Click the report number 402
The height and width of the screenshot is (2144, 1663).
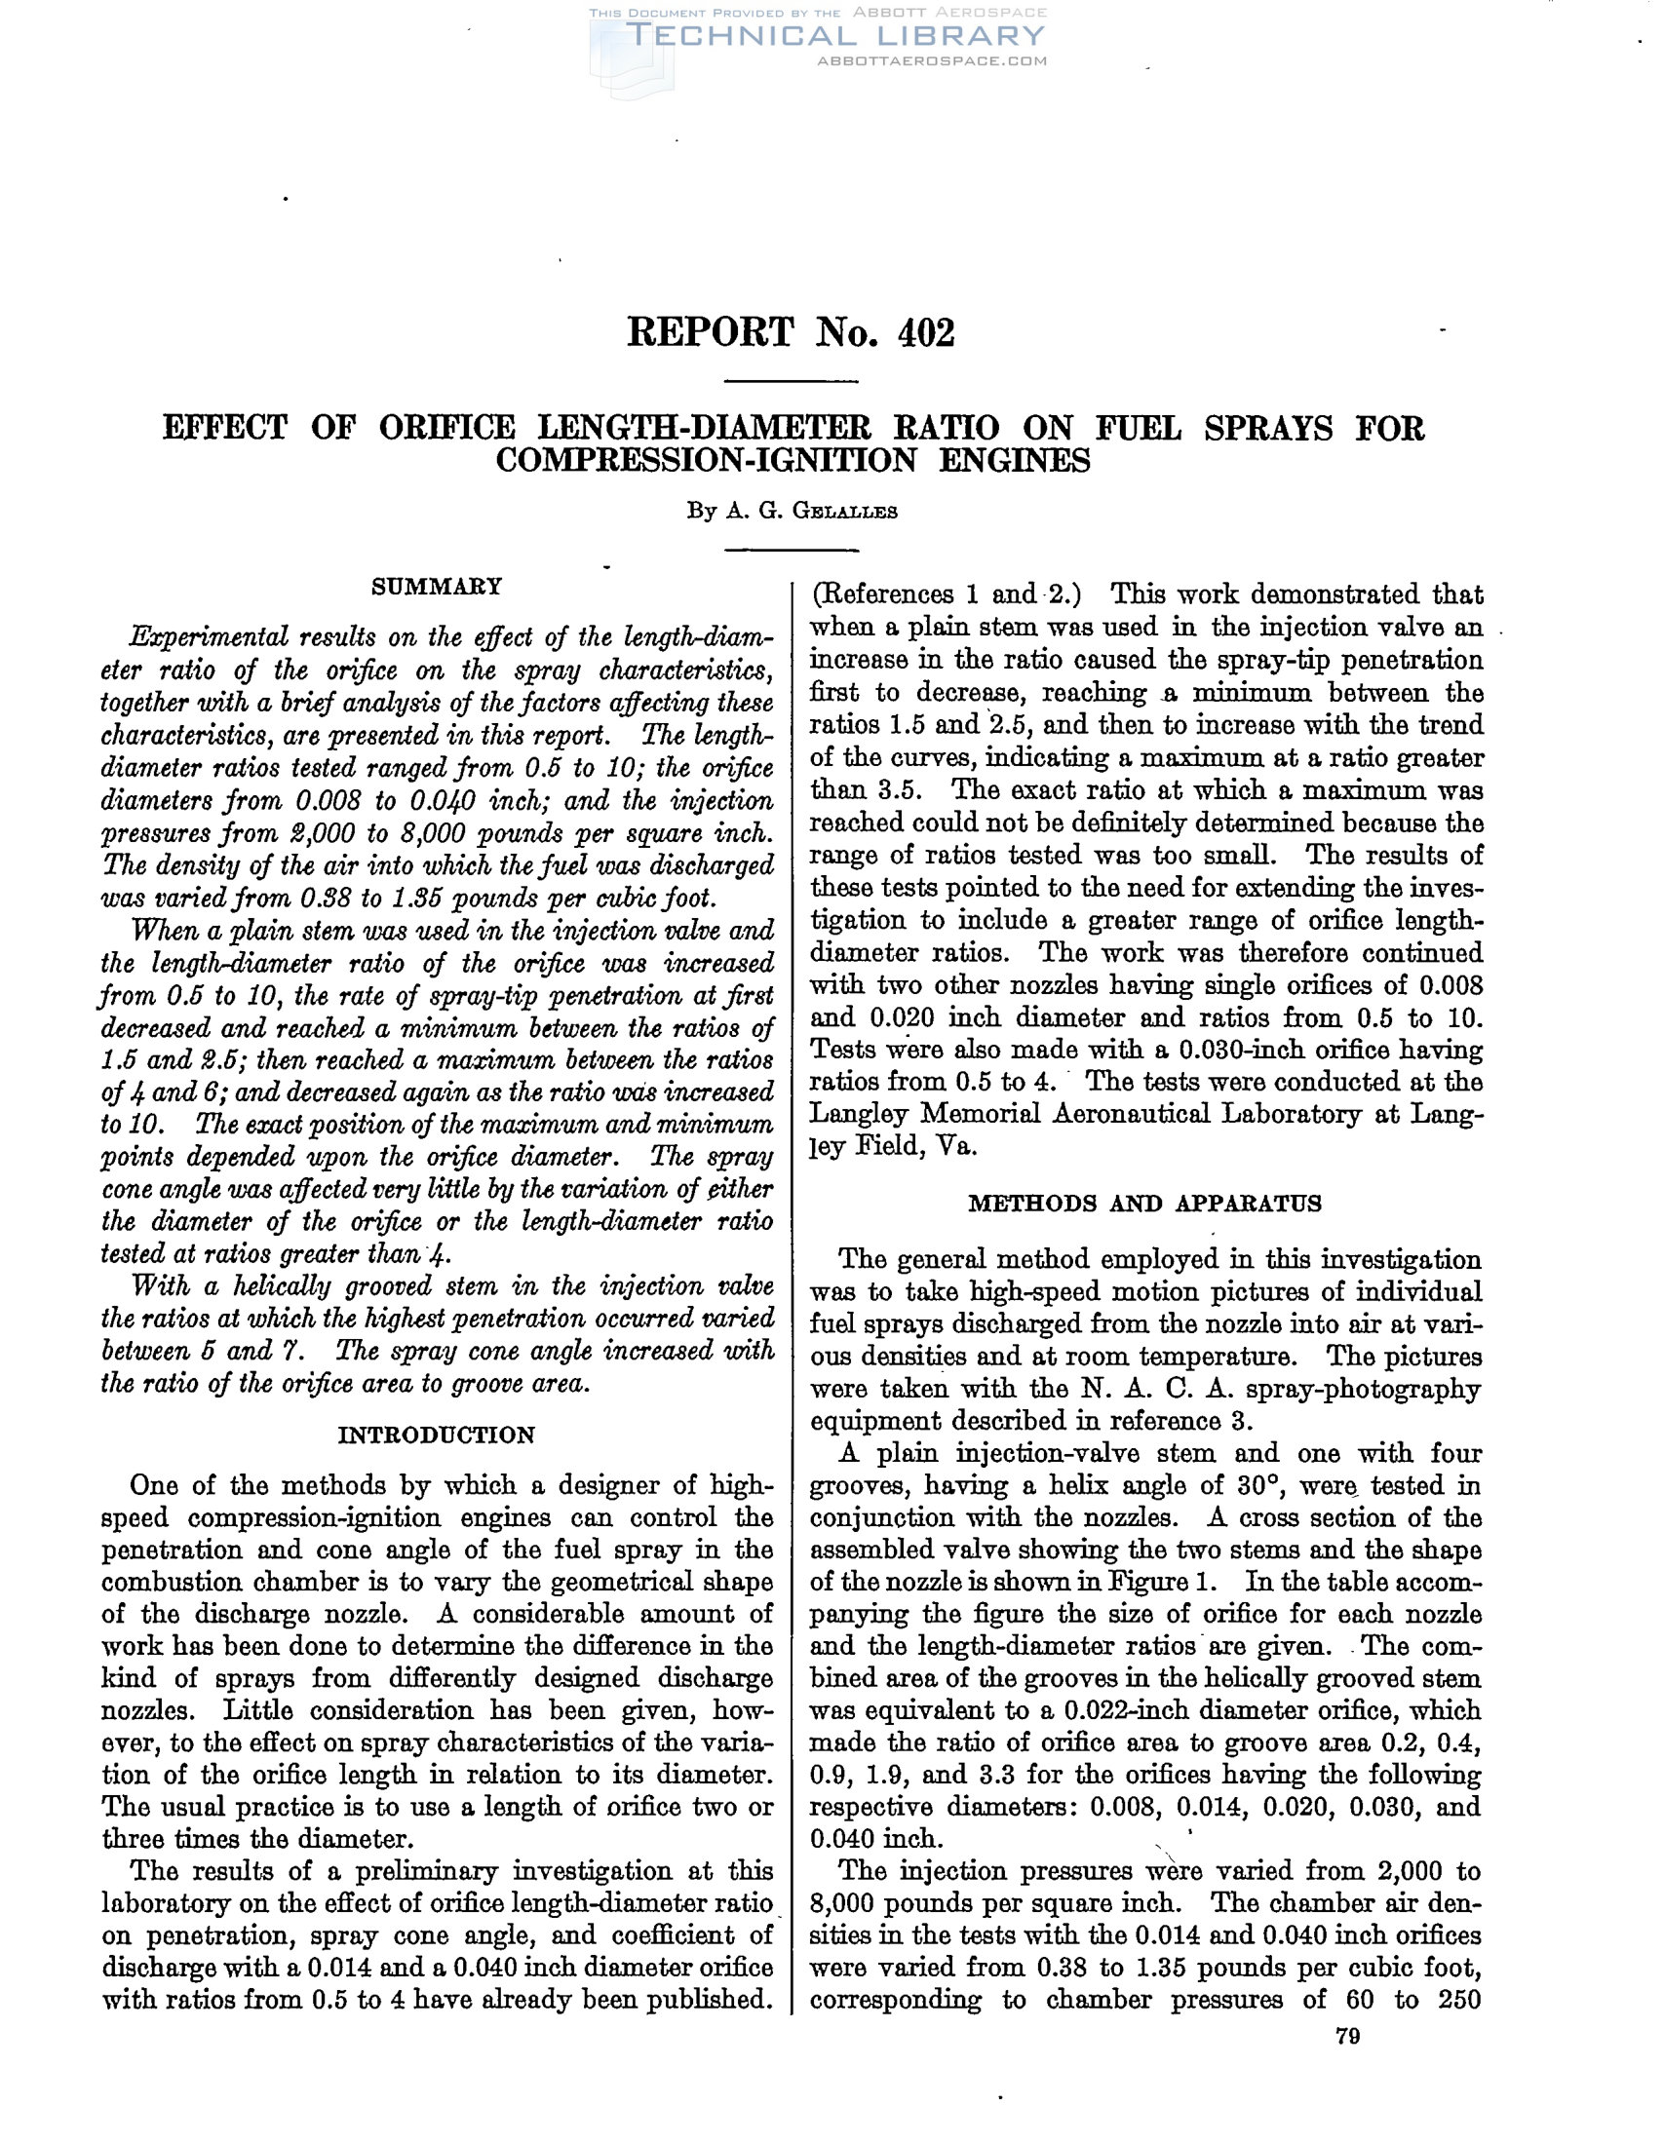point(926,333)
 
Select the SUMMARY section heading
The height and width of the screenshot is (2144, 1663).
point(437,587)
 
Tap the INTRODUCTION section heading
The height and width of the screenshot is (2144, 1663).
point(437,1436)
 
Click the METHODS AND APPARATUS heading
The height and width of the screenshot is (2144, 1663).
point(1144,1204)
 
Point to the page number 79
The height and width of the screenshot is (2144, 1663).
point(1348,2037)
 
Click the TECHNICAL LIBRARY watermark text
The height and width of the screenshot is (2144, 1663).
point(836,36)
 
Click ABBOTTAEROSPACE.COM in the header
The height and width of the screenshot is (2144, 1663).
point(932,60)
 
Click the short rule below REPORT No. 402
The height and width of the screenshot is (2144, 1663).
point(791,381)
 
